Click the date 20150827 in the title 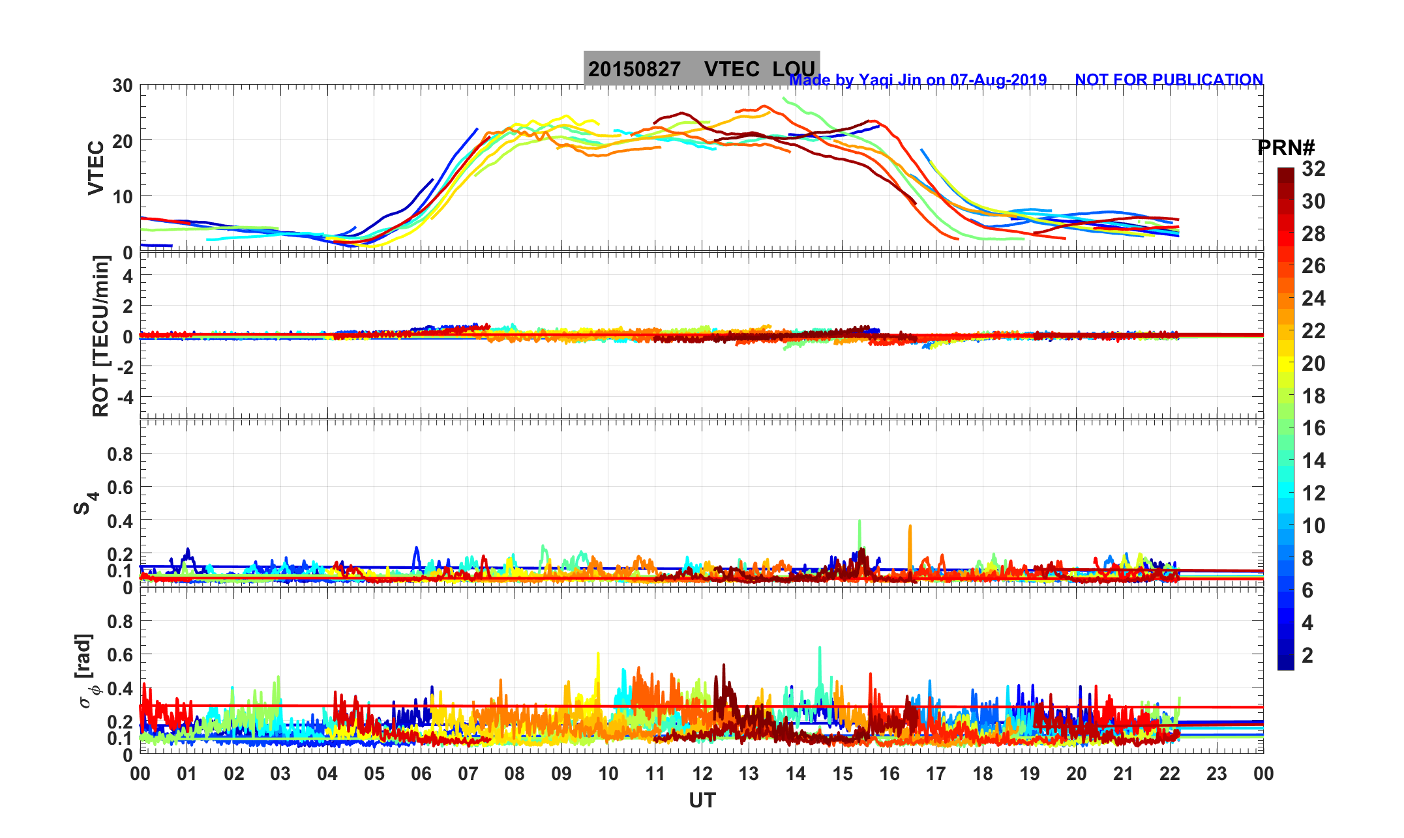coord(634,69)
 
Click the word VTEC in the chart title coord(732,69)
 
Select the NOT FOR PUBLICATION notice coord(1169,80)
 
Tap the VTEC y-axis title coord(96,168)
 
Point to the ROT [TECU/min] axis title coord(100,336)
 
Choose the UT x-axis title coord(702,801)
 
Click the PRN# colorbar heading coord(1286,148)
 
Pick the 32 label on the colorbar coord(1313,169)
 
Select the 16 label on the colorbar coord(1313,428)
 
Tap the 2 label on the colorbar coord(1307,656)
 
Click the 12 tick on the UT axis coord(702,774)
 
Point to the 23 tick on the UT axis coord(1217,774)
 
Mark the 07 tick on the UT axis coord(468,774)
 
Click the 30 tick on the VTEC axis coord(122,86)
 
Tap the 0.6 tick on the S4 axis coord(120,487)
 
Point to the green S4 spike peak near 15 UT coord(859,521)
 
